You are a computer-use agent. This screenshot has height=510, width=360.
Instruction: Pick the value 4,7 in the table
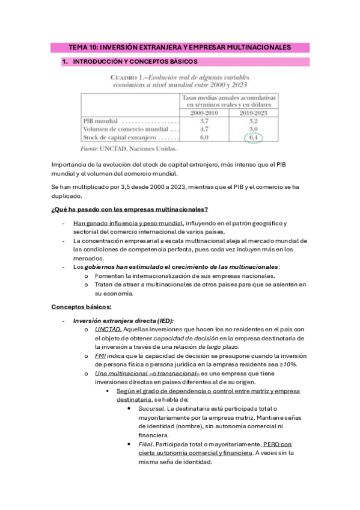203,129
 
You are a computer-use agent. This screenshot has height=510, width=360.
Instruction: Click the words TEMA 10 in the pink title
82,47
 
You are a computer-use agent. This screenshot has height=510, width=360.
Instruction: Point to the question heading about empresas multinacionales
130,209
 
